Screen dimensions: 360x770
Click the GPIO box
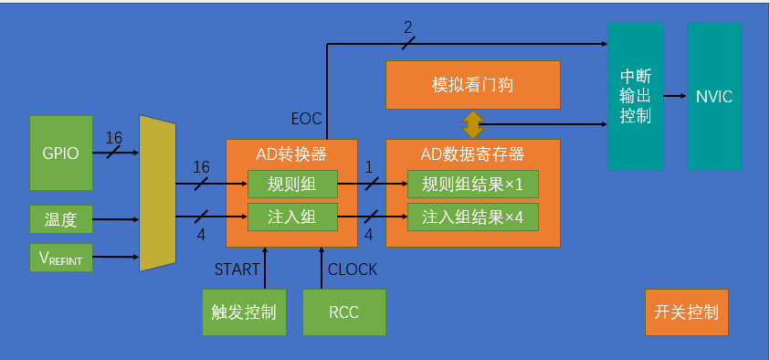(61, 153)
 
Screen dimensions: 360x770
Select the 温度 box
(61, 219)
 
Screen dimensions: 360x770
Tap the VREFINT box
(61, 259)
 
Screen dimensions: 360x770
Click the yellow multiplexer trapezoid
(156, 193)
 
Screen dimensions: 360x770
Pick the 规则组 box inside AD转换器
(292, 184)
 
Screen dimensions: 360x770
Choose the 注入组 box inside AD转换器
(292, 217)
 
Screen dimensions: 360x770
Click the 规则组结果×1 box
(472, 184)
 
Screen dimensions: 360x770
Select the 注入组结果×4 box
(472, 217)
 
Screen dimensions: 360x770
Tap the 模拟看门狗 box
(472, 85)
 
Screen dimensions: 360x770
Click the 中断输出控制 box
(636, 96)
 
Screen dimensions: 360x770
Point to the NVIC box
(713, 96)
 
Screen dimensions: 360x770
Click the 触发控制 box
(244, 312)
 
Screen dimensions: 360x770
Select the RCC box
(343, 312)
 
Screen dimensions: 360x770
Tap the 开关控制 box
(686, 312)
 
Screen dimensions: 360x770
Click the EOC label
(306, 119)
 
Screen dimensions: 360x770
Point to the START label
(237, 270)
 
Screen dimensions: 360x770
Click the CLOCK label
(353, 270)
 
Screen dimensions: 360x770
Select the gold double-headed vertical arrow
(472, 123)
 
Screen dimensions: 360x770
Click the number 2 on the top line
(408, 28)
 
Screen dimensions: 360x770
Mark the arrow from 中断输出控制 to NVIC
(675, 96)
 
